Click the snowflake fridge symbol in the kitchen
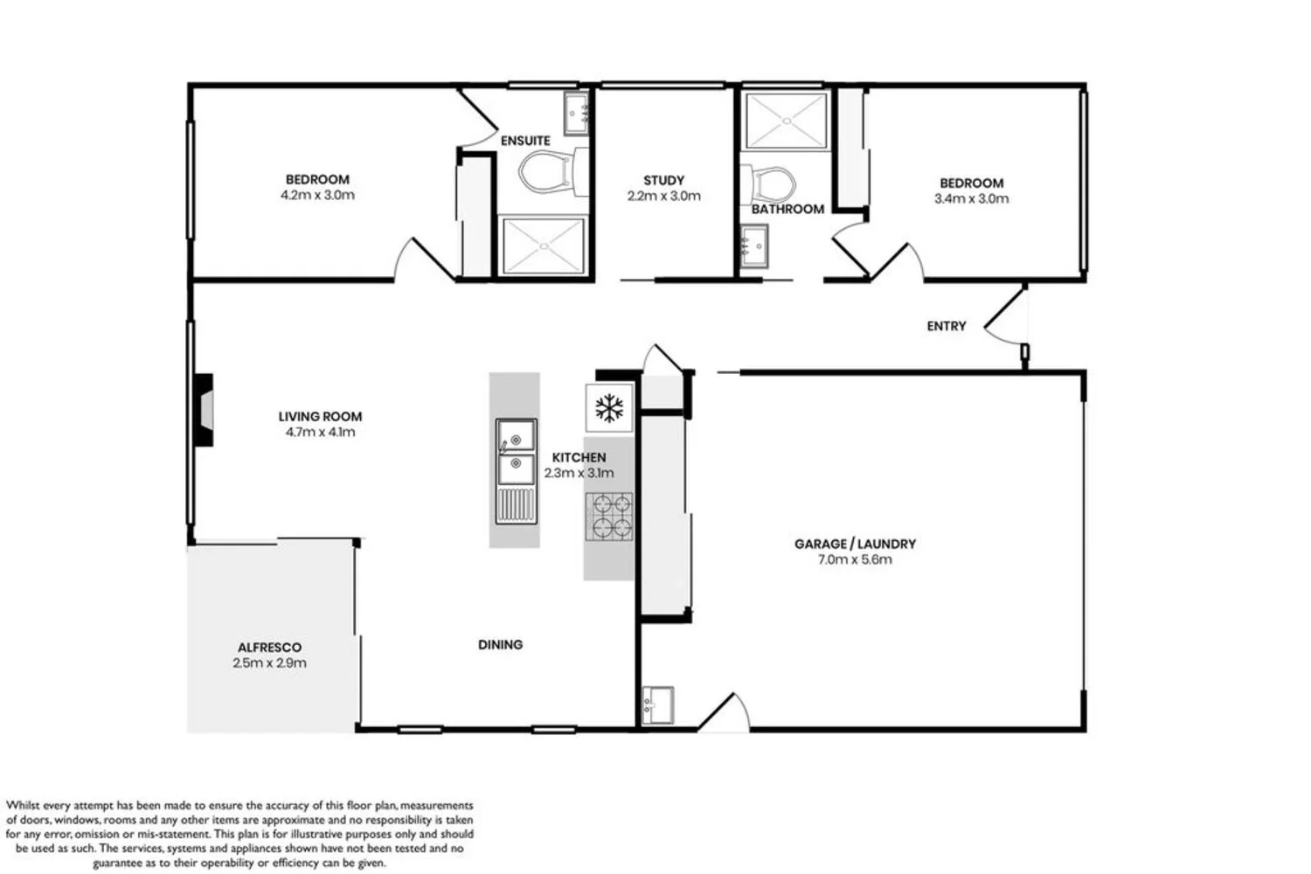click(x=608, y=407)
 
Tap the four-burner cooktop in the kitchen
click(x=608, y=515)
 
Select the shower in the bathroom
click(x=785, y=120)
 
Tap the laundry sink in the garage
click(x=657, y=704)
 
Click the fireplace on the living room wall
click(x=203, y=411)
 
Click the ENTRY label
click(x=946, y=326)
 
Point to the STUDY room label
click(x=663, y=181)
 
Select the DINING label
click(x=500, y=645)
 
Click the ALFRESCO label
click(x=269, y=648)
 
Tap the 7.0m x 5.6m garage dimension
click(x=854, y=559)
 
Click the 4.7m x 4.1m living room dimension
click(x=320, y=432)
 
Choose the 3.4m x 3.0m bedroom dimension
click(x=971, y=198)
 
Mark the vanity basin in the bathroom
click(x=753, y=247)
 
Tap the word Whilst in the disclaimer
click(x=25, y=806)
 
